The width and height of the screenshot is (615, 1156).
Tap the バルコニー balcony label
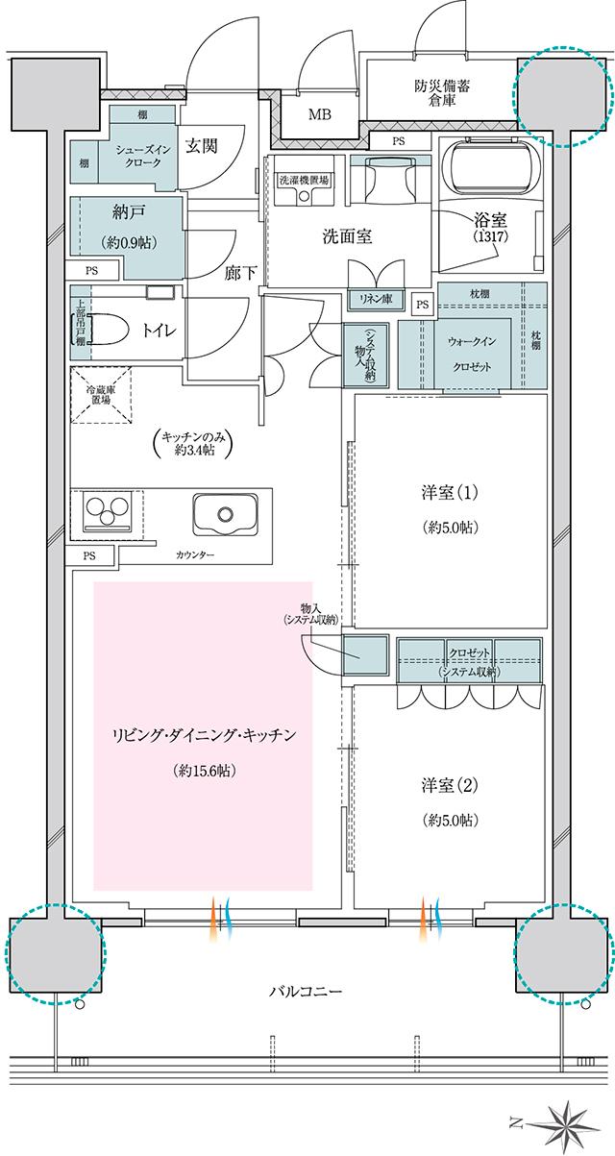pos(307,991)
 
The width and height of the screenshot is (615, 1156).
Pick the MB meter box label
pos(319,114)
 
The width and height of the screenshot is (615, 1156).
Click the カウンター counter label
pos(195,556)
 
